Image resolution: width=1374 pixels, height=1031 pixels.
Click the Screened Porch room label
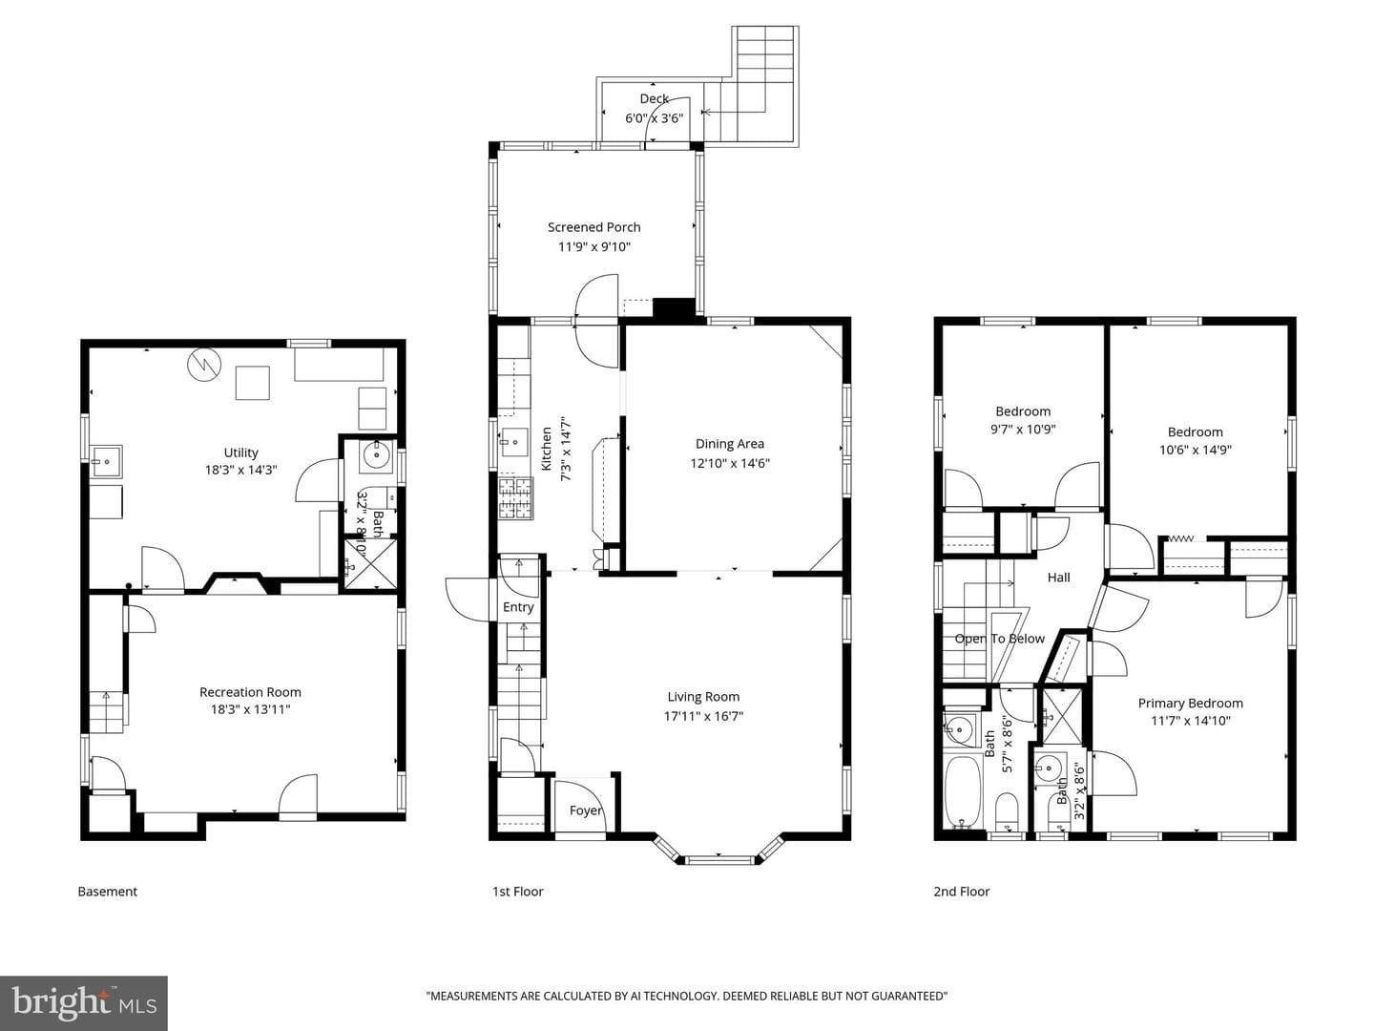593,227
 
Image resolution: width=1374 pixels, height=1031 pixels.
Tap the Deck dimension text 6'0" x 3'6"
654,117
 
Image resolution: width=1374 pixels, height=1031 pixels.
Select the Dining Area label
729,444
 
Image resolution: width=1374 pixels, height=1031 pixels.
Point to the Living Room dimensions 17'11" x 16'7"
703,716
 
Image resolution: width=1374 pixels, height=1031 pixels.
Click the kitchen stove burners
515,498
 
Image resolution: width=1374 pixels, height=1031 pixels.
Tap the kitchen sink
514,442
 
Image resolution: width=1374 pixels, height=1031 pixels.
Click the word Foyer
585,810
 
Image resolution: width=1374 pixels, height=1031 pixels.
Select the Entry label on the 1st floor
518,607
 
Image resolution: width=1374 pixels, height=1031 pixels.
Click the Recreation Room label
250,692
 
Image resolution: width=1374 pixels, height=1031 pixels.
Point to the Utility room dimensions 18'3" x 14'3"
240,470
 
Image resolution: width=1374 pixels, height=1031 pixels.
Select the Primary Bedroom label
1190,703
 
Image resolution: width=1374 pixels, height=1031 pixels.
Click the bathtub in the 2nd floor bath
964,791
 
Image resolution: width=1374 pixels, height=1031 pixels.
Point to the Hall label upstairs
1058,578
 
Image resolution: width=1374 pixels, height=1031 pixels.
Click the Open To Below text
999,639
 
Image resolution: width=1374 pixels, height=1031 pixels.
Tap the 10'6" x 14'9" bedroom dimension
1195,450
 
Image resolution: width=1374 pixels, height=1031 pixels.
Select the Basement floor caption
107,892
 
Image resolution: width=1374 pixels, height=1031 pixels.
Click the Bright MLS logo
84,1002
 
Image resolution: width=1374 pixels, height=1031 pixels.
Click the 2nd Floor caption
962,892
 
